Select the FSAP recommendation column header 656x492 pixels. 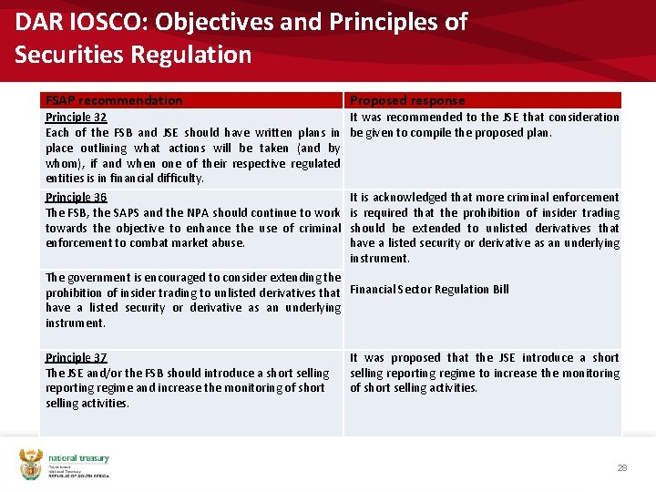(x=114, y=100)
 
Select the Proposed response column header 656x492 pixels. (x=407, y=100)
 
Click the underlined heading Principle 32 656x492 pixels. (x=76, y=117)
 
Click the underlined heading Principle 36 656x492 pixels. (x=76, y=197)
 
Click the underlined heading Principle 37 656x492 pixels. (x=76, y=357)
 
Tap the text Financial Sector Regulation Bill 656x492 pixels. (x=429, y=290)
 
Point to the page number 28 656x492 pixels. (x=622, y=467)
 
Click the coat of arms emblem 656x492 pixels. (x=31, y=465)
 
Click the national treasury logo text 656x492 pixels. (x=78, y=459)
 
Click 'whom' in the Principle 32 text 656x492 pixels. (x=63, y=163)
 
